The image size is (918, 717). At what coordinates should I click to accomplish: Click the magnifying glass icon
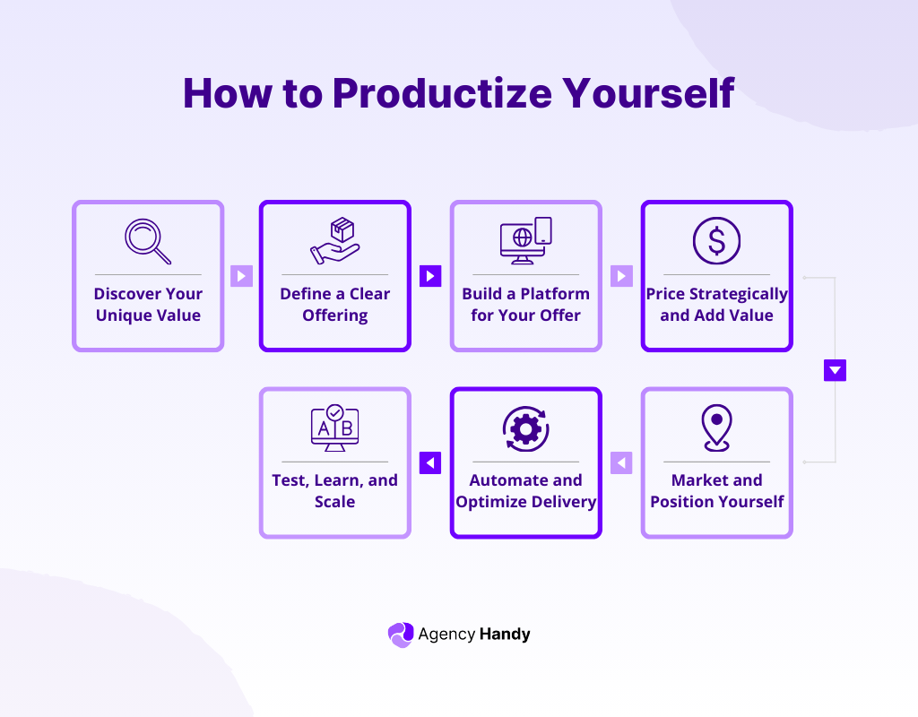coord(147,240)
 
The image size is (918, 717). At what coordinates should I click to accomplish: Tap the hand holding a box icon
coord(334,241)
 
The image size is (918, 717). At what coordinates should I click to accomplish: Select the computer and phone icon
coord(525,241)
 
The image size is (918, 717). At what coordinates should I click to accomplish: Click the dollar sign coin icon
coord(716,240)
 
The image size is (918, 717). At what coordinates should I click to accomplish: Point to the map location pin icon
coord(716,428)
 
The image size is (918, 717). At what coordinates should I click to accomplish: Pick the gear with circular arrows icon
coord(525,428)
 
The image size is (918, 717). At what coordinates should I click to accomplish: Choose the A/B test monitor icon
coord(334,428)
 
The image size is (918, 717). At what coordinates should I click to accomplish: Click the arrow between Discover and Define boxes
coord(241,276)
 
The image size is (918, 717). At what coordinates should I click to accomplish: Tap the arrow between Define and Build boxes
coord(430,276)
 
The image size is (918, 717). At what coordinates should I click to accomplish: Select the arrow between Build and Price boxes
coord(621,276)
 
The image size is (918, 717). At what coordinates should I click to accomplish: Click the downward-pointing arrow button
coord(835,370)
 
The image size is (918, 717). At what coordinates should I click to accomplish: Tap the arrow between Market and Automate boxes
coord(621,462)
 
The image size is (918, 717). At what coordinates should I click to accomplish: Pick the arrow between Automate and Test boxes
coord(430,462)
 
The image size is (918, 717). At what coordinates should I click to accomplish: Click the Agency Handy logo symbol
coord(400,635)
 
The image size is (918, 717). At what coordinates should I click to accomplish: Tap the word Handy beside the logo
coord(504,635)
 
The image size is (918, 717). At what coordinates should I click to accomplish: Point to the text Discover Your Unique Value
coord(148,305)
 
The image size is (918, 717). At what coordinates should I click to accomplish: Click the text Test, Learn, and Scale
coord(334,491)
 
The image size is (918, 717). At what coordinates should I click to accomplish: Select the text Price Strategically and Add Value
coord(716,305)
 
